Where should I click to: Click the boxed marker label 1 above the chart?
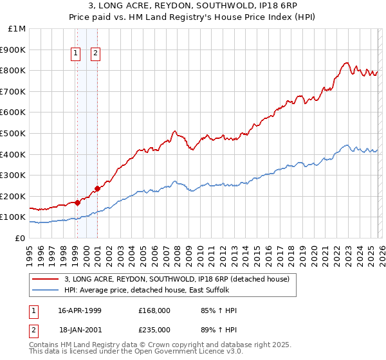(77, 54)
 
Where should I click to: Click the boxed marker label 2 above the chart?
(95, 54)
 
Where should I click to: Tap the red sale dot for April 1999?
(77, 203)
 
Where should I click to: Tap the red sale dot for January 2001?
(97, 188)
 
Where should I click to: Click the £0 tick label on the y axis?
(21, 238)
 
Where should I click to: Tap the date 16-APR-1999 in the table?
(79, 310)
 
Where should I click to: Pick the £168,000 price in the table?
(154, 310)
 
